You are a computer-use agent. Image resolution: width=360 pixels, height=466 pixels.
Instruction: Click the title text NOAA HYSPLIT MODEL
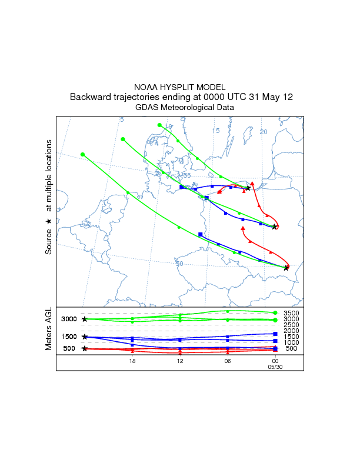tap(179, 86)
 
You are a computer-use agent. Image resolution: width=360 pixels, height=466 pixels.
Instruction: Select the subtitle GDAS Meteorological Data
tap(184, 108)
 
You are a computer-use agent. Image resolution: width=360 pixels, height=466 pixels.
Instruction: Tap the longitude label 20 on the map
tap(264, 132)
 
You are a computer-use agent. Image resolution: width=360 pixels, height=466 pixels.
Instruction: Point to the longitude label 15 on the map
tap(216, 131)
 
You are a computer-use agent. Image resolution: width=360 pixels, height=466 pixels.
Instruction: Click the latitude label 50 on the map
tap(179, 264)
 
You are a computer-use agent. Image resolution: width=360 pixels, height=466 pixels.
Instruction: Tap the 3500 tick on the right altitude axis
tap(291, 314)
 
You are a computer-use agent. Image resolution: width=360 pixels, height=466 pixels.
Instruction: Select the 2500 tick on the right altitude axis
tap(291, 325)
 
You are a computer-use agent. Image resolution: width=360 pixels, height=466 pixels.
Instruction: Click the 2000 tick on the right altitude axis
tap(291, 331)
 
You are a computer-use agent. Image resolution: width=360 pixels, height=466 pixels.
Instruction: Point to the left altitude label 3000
tap(69, 319)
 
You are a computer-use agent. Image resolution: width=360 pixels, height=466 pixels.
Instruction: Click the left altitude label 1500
tap(69, 337)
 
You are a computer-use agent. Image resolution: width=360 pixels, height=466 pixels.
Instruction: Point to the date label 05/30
tap(275, 366)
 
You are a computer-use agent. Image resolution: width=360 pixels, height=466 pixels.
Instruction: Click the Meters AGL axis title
tap(49, 331)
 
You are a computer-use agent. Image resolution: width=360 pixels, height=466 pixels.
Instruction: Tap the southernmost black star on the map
tap(286, 268)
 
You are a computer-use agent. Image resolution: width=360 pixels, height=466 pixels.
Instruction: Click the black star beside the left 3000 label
tap(85, 319)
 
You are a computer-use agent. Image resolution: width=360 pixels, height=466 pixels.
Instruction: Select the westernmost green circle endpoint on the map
tap(82, 155)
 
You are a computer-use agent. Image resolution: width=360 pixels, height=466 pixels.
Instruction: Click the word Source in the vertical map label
tap(49, 242)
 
